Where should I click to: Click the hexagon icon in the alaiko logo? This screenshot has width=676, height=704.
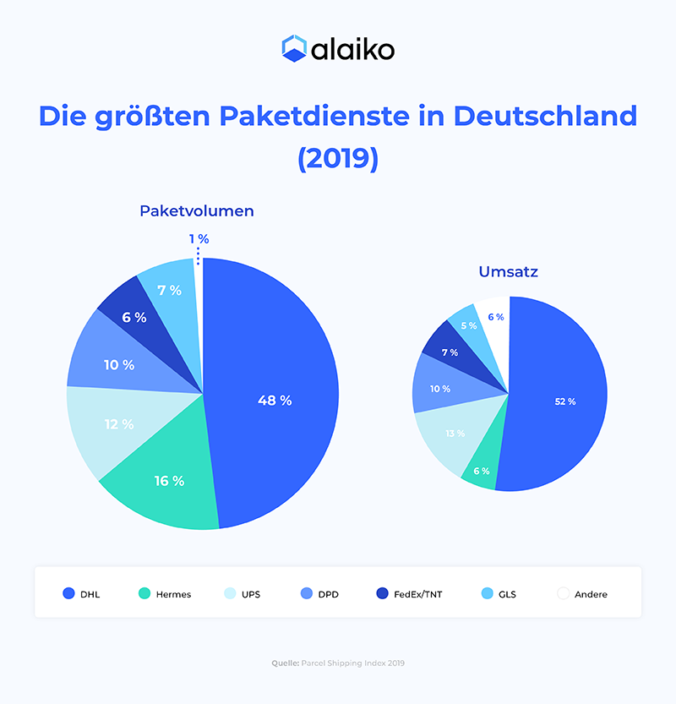tap(293, 48)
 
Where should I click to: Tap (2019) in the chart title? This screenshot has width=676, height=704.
tap(338, 158)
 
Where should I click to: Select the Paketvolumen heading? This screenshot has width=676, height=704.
tap(197, 211)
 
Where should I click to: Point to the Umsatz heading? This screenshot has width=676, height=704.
tap(509, 272)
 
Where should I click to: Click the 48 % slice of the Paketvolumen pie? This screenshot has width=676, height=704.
tap(275, 400)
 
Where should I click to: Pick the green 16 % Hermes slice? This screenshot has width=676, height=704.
tap(169, 481)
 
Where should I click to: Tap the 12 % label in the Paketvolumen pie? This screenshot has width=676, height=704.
tap(119, 424)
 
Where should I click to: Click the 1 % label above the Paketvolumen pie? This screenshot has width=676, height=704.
tap(199, 240)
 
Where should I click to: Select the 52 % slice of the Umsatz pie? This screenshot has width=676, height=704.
tap(564, 401)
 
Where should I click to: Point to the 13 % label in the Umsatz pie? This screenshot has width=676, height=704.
tap(455, 434)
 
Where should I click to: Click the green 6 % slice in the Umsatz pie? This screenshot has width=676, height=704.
tap(480, 472)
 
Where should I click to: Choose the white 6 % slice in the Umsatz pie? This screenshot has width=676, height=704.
tap(495, 317)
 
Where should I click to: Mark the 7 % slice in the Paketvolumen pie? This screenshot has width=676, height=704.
tap(170, 290)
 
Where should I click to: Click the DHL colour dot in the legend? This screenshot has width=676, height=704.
tap(68, 594)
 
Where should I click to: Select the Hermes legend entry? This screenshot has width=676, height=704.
tap(172, 594)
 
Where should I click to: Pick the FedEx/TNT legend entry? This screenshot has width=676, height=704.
tap(417, 594)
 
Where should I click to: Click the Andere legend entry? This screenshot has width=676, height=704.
tap(591, 594)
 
